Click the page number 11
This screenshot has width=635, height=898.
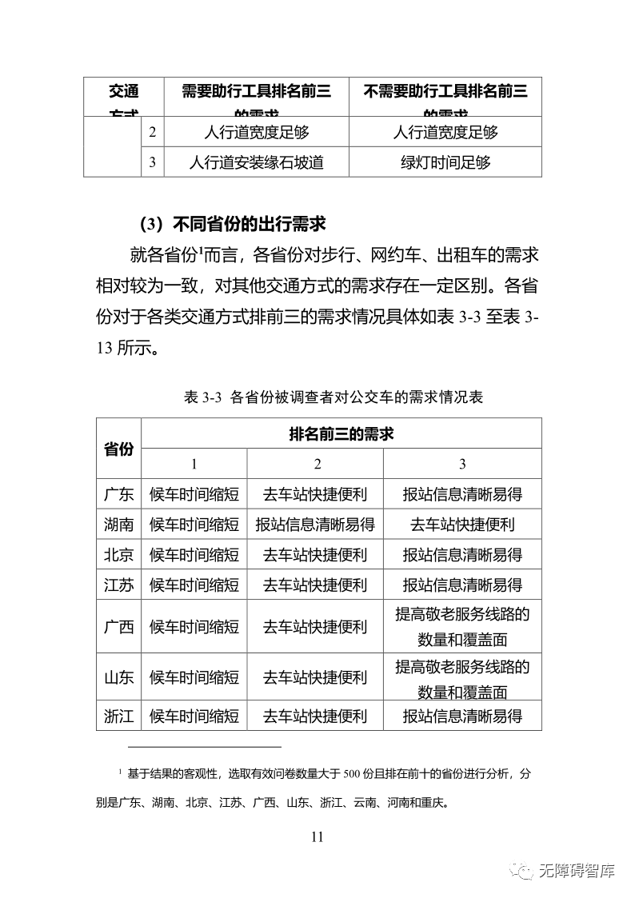317,836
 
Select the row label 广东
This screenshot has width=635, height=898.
118,494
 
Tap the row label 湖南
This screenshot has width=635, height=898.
118,525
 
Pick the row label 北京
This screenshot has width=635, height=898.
118,554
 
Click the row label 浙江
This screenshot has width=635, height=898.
118,716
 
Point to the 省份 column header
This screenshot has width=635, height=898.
118,449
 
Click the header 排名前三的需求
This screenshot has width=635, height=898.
341,434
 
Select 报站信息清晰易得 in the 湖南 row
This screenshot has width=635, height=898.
315,525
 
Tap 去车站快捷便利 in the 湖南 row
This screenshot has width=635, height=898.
462,525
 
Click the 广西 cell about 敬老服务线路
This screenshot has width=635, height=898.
462,627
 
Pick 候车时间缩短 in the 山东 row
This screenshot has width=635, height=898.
194,677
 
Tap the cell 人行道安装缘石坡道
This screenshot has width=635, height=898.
256,162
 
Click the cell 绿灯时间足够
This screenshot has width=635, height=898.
445,162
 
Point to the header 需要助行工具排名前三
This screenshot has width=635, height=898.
256,91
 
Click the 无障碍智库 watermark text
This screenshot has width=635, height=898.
577,871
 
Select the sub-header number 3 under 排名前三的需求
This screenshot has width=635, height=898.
462,465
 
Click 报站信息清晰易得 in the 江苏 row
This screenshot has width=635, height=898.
462,585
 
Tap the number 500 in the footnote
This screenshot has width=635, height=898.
353,773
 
